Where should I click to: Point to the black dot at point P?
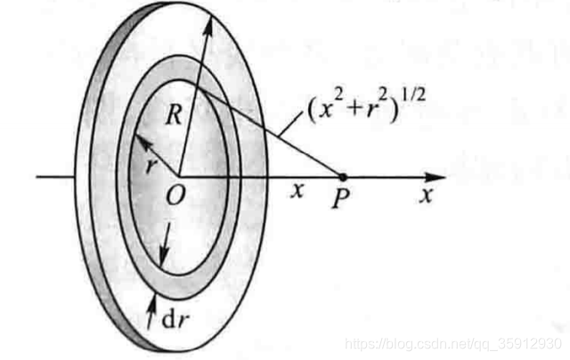[x=343, y=176]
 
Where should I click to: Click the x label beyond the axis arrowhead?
[x=426, y=195]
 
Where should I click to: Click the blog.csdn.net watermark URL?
[x=454, y=344]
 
